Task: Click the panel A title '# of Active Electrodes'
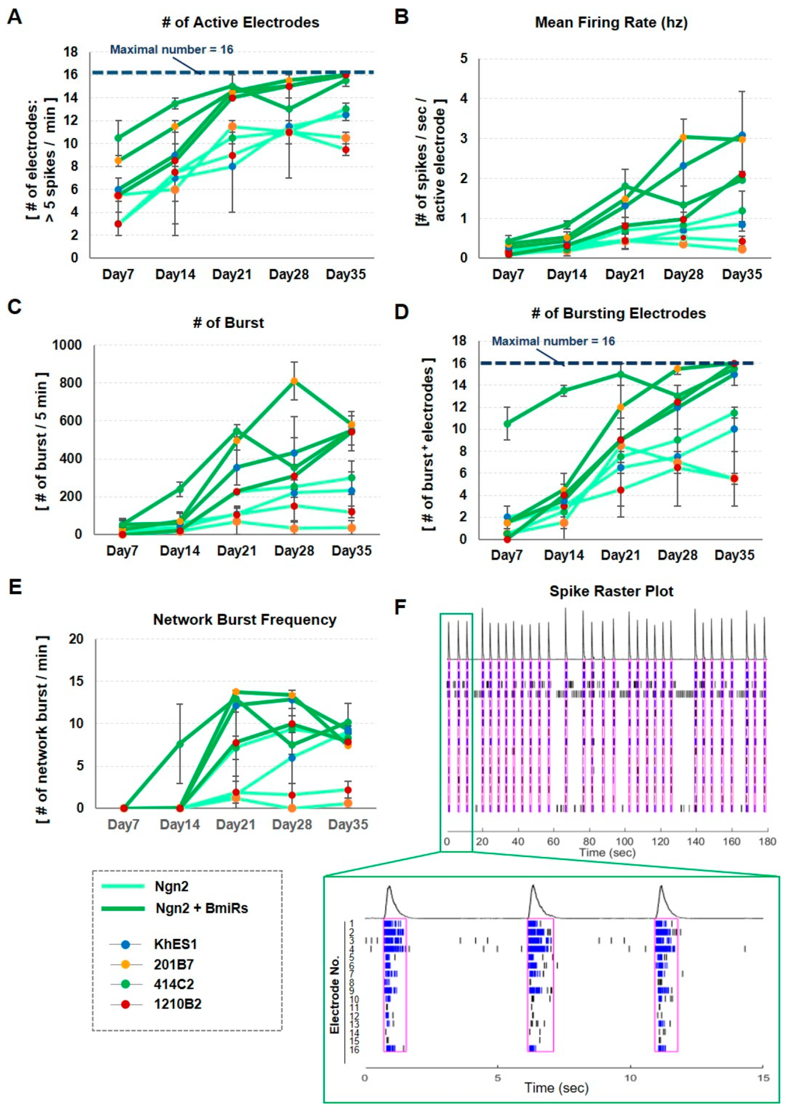pos(240,22)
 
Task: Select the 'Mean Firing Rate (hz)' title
pos(611,22)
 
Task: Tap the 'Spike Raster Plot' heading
pos(611,591)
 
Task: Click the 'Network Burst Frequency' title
pos(244,620)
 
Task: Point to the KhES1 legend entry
pos(175,944)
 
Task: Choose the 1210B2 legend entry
pos(177,1004)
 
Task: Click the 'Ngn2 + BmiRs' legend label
pos(201,908)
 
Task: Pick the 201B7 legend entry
pos(174,964)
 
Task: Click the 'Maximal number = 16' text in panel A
pos(171,49)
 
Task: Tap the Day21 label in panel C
pos(236,550)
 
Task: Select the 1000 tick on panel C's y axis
pos(67,345)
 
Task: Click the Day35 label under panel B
pos(742,274)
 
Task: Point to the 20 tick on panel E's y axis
pos(77,639)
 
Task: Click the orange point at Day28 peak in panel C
pos(294,381)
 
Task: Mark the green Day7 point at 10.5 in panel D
pos(507,424)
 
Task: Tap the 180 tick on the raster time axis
pos(767,841)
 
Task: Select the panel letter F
pos(400,608)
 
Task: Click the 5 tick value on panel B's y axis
pos(463,58)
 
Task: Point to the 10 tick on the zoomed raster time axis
pos(630,1078)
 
